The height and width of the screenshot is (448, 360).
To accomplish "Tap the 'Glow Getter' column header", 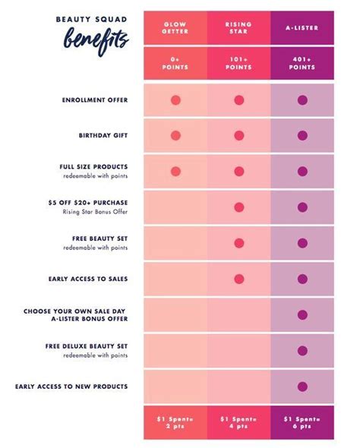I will pyautogui.click(x=175, y=28).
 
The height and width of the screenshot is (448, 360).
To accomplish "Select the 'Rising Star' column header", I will pyautogui.click(x=238, y=28).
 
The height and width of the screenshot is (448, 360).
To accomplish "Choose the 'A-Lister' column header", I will pyautogui.click(x=302, y=28).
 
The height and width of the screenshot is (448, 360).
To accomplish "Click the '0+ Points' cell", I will pyautogui.click(x=175, y=63).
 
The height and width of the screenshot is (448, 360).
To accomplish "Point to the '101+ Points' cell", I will pyautogui.click(x=238, y=63).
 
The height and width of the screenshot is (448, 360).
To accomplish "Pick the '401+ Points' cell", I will pyautogui.click(x=302, y=63).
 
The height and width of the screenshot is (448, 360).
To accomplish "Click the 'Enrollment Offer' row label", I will pyautogui.click(x=95, y=99).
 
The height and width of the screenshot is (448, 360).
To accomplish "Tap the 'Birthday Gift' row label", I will pyautogui.click(x=103, y=135).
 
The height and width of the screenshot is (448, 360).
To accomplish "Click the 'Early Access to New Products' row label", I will pyautogui.click(x=71, y=386).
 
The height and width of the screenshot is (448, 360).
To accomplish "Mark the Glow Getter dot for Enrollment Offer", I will pyautogui.click(x=175, y=99).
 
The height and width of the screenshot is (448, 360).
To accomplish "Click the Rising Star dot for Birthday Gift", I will pyautogui.click(x=238, y=135).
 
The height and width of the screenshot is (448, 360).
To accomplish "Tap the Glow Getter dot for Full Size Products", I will pyautogui.click(x=175, y=171).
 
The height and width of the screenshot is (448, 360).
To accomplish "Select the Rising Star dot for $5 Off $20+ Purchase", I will pyautogui.click(x=238, y=207).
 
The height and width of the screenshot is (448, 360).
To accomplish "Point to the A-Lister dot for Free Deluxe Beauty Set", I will pyautogui.click(x=302, y=350).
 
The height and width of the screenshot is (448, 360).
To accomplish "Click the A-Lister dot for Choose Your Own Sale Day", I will pyautogui.click(x=302, y=314).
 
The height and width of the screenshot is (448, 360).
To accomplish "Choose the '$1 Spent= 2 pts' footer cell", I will pyautogui.click(x=175, y=422).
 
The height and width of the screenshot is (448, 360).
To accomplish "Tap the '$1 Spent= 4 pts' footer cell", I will pyautogui.click(x=238, y=422).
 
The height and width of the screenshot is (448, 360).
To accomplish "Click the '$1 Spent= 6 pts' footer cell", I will pyautogui.click(x=302, y=422).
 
